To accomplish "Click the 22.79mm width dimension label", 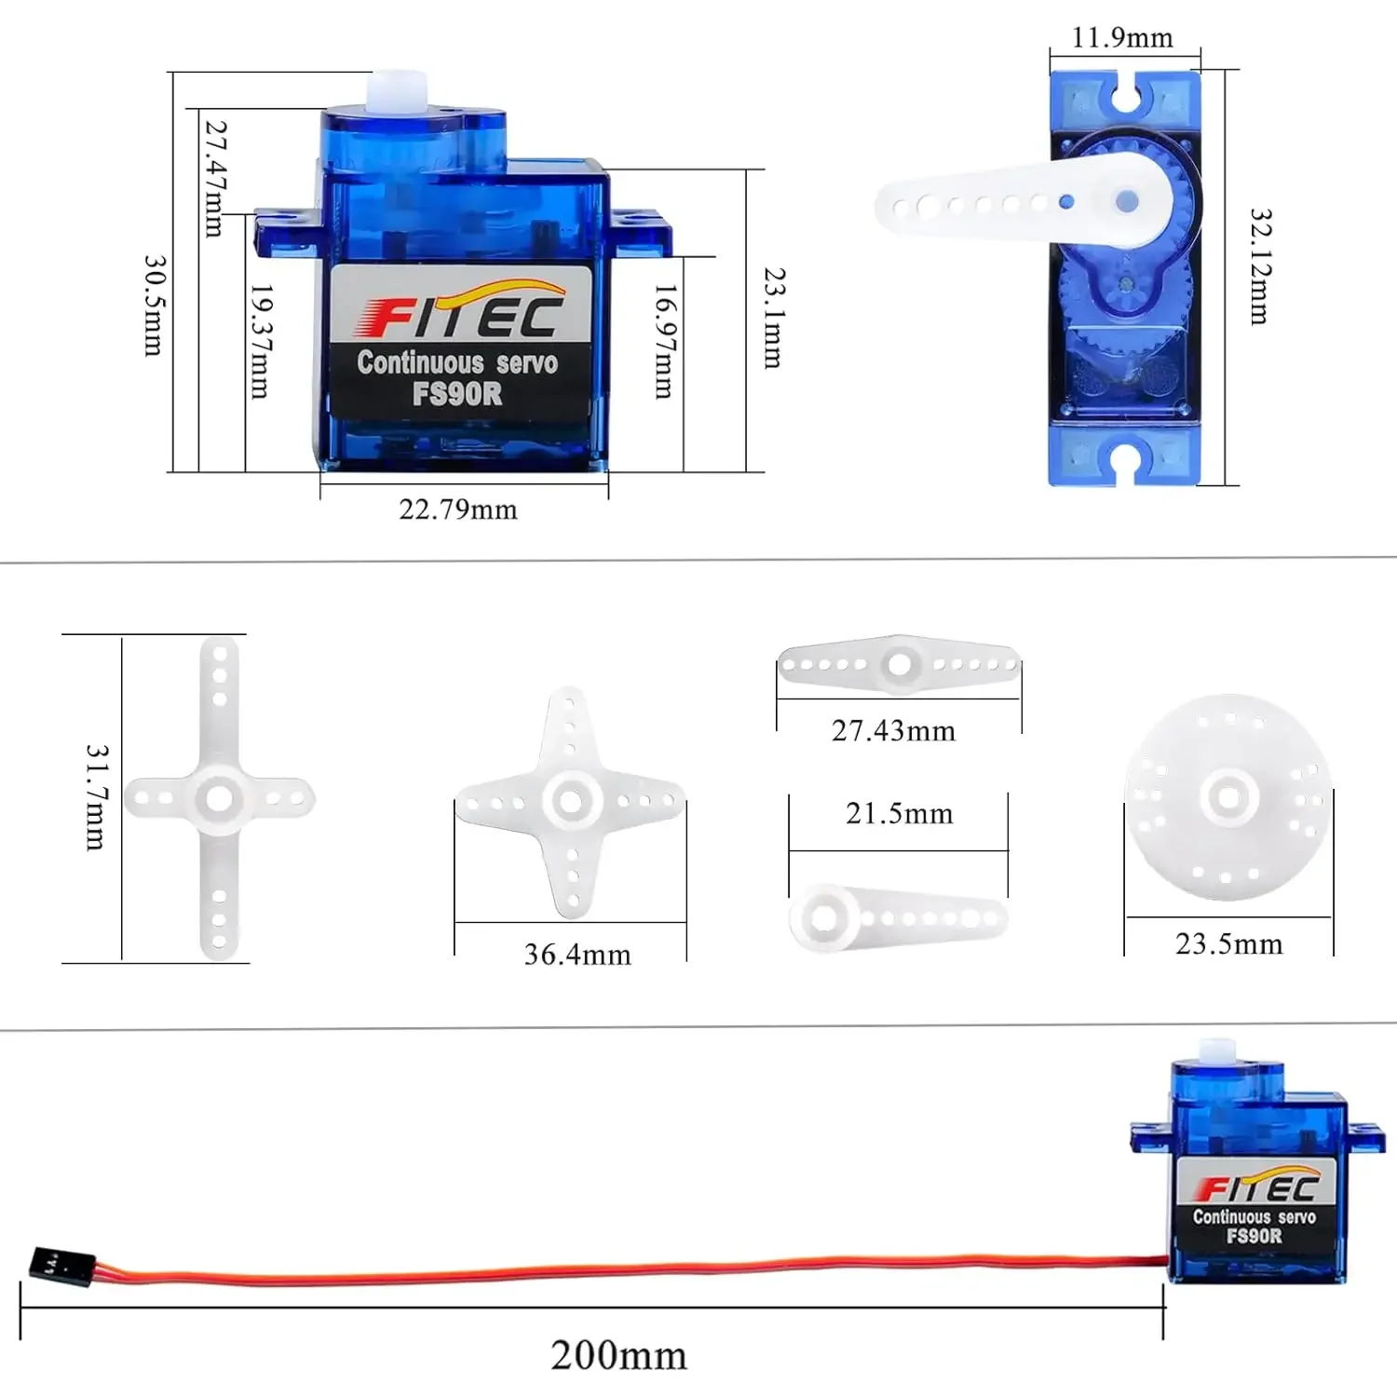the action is click(x=458, y=509).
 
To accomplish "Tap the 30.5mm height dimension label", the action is click(x=154, y=305).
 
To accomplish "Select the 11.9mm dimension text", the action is click(x=1122, y=38).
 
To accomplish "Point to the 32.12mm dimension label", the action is click(x=1260, y=266).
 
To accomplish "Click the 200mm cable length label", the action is click(x=618, y=1356).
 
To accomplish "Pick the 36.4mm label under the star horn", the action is click(x=577, y=955).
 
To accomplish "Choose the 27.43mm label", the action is click(x=894, y=731).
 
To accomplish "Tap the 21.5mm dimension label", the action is click(x=900, y=814).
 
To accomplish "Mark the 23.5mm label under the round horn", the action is click(x=1229, y=944).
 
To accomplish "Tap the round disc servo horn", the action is click(x=1227, y=797).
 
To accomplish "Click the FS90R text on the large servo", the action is click(x=457, y=394).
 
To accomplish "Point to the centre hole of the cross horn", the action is click(x=220, y=798).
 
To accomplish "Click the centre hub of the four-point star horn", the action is click(x=571, y=800).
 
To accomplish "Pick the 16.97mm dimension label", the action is click(x=664, y=342).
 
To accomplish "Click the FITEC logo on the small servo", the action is click(x=1257, y=1187).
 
